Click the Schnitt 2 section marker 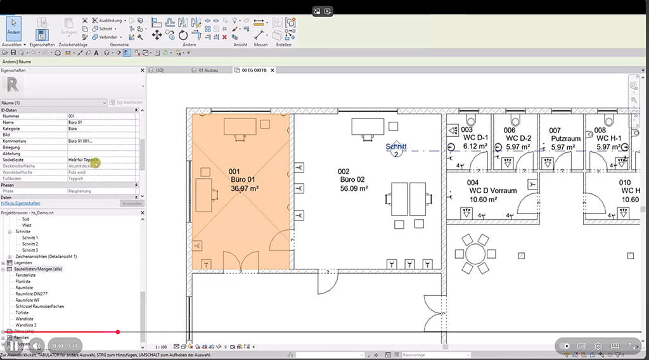click(x=396, y=150)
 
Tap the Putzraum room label click(x=567, y=139)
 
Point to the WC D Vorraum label click(x=492, y=191)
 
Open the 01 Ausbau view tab click(x=209, y=70)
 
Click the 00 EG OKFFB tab click(x=253, y=70)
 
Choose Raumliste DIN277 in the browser click(x=32, y=294)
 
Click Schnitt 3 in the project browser click(x=30, y=250)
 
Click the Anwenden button click(x=131, y=203)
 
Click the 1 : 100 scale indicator click(x=160, y=347)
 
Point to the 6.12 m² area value click(x=474, y=146)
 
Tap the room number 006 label click(x=510, y=130)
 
